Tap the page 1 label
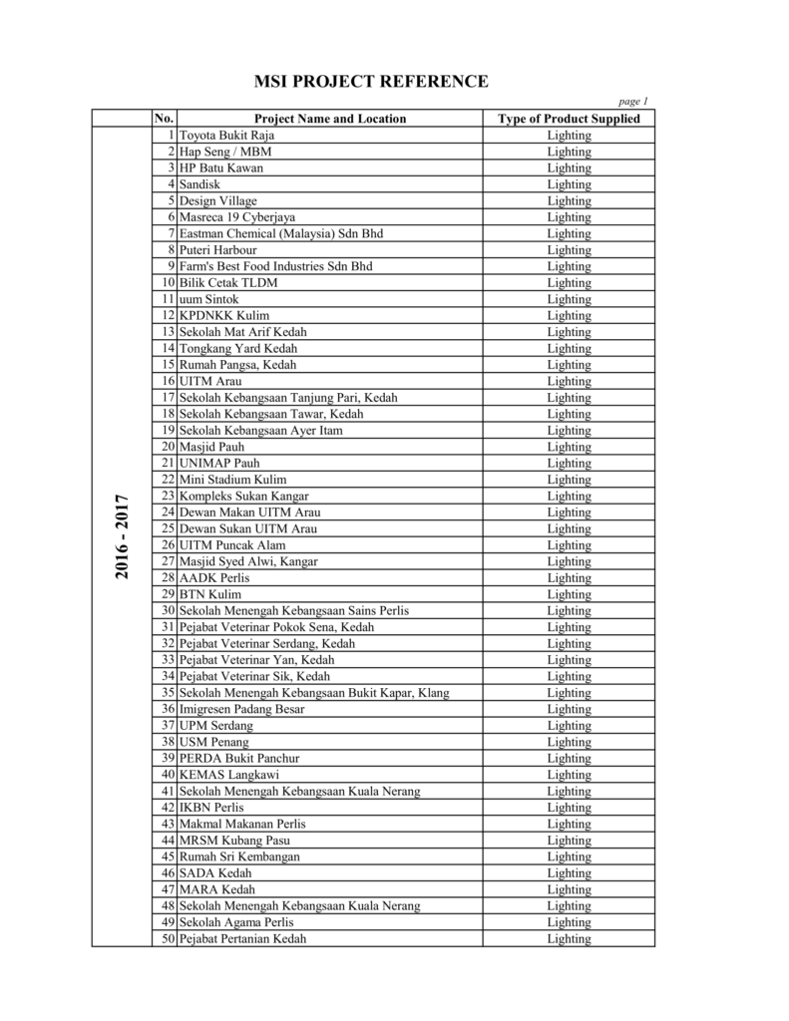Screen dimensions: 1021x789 pyautogui.click(x=633, y=102)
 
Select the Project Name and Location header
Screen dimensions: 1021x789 pyautogui.click(x=330, y=119)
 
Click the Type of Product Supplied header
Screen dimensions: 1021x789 pyautogui.click(x=569, y=119)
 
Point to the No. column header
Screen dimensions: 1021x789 pyautogui.click(x=165, y=119)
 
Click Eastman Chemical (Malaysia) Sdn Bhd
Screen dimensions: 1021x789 pyautogui.click(x=281, y=233)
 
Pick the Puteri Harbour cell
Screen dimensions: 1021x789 pyautogui.click(x=217, y=250)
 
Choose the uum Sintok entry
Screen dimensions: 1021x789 pyautogui.click(x=209, y=299)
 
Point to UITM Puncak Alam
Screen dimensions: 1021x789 pyautogui.click(x=232, y=545)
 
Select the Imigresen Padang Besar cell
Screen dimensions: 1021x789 pyautogui.click(x=242, y=709)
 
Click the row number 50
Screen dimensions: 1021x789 pyautogui.click(x=169, y=938)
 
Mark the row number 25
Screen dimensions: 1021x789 pyautogui.click(x=169, y=528)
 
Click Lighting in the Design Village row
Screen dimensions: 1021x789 pyautogui.click(x=569, y=201)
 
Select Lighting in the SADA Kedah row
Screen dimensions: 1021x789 pyautogui.click(x=569, y=873)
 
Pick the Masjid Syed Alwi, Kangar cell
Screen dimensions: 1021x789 pyautogui.click(x=248, y=561)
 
